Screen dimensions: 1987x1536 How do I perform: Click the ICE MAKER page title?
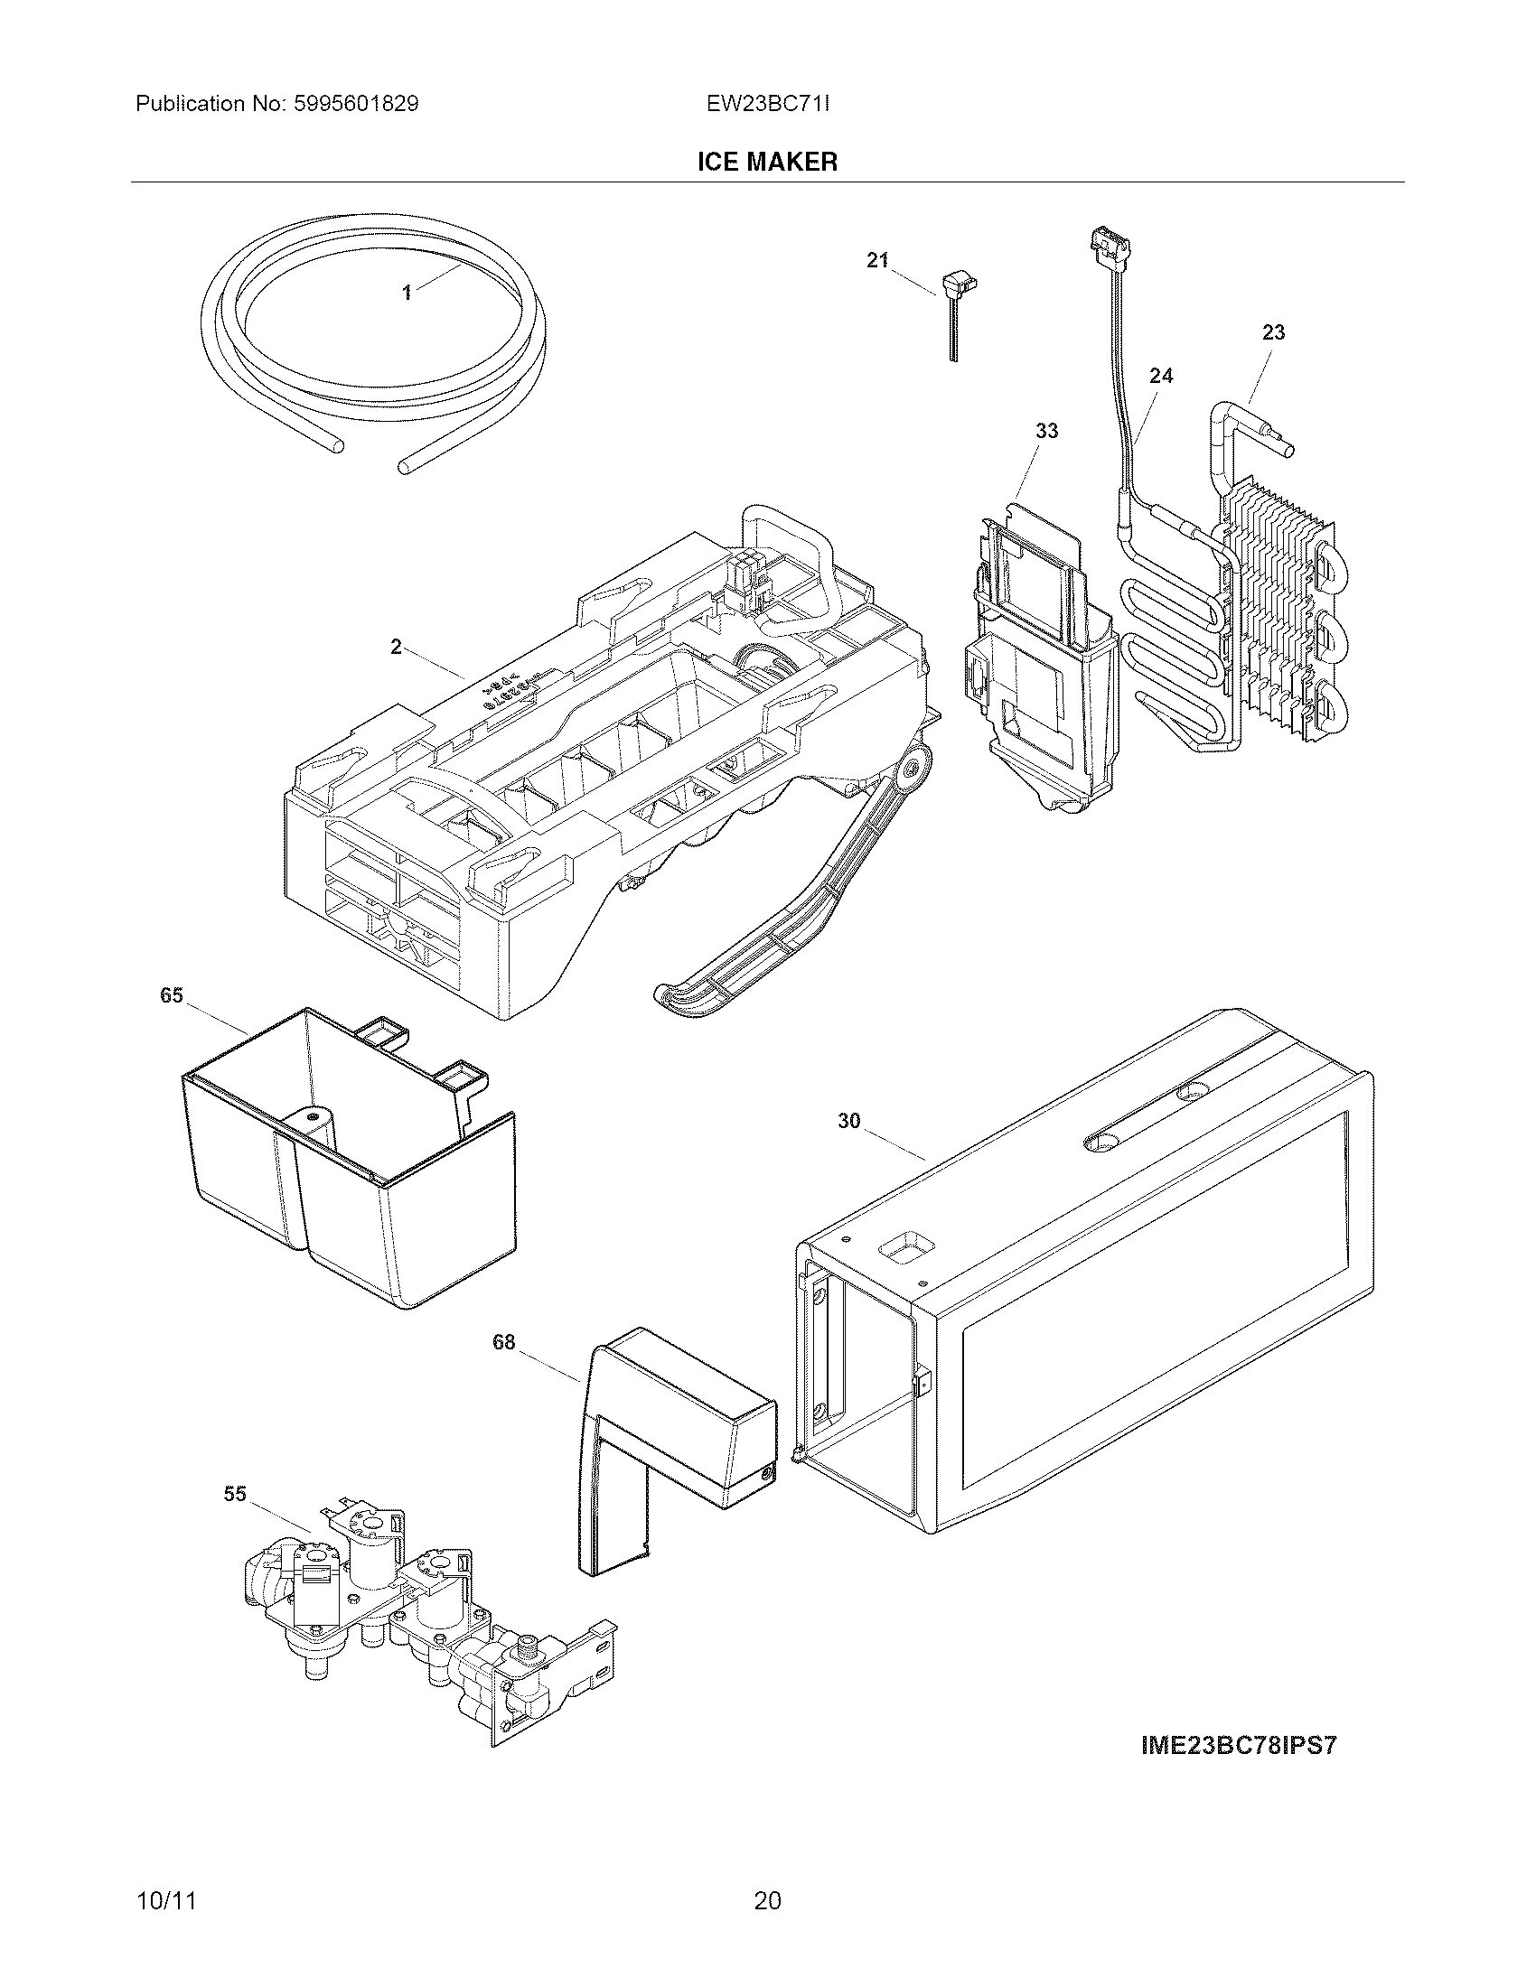766,162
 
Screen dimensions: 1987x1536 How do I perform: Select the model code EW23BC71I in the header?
767,104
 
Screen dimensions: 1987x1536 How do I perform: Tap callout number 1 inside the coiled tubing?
407,292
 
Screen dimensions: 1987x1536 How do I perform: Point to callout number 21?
876,261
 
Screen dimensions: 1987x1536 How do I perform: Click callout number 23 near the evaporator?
1273,333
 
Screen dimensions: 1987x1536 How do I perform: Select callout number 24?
1161,375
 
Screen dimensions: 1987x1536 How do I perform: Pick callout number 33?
1046,430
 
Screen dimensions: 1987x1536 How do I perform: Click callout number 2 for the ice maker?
396,647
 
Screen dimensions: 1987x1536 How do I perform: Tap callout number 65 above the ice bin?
172,995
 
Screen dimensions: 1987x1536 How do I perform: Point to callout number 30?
848,1121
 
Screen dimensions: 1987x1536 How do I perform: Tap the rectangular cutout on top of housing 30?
904,1252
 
